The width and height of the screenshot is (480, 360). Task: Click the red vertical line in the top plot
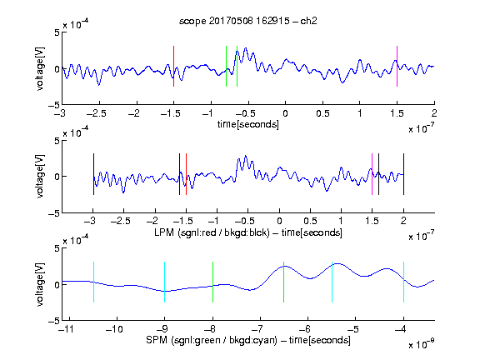click(x=173, y=66)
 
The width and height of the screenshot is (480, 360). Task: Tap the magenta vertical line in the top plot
click(x=397, y=66)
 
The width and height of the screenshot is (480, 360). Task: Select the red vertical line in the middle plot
click(x=186, y=174)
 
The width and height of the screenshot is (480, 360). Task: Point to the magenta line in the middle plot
click(x=372, y=174)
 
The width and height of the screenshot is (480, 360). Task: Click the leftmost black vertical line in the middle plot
click(x=93, y=174)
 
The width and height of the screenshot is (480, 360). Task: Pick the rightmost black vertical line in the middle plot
click(x=403, y=174)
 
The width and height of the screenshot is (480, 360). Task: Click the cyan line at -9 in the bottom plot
click(x=165, y=282)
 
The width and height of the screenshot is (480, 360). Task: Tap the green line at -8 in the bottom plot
click(x=212, y=282)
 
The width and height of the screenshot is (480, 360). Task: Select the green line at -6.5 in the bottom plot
click(x=284, y=282)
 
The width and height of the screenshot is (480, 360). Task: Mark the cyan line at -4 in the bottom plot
click(x=403, y=282)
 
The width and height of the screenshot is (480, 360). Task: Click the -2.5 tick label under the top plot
click(x=97, y=113)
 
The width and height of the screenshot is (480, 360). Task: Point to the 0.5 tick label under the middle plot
click(x=310, y=222)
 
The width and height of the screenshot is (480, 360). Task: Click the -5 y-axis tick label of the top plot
click(x=54, y=105)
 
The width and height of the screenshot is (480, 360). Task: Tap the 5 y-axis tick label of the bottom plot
click(x=57, y=248)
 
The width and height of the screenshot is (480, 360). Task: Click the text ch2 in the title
click(x=308, y=21)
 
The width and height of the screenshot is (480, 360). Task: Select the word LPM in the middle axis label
click(x=164, y=232)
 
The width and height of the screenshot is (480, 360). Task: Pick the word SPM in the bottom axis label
click(x=157, y=340)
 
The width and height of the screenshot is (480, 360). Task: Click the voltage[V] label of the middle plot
click(x=40, y=177)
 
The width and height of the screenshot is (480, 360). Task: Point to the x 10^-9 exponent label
click(x=422, y=343)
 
